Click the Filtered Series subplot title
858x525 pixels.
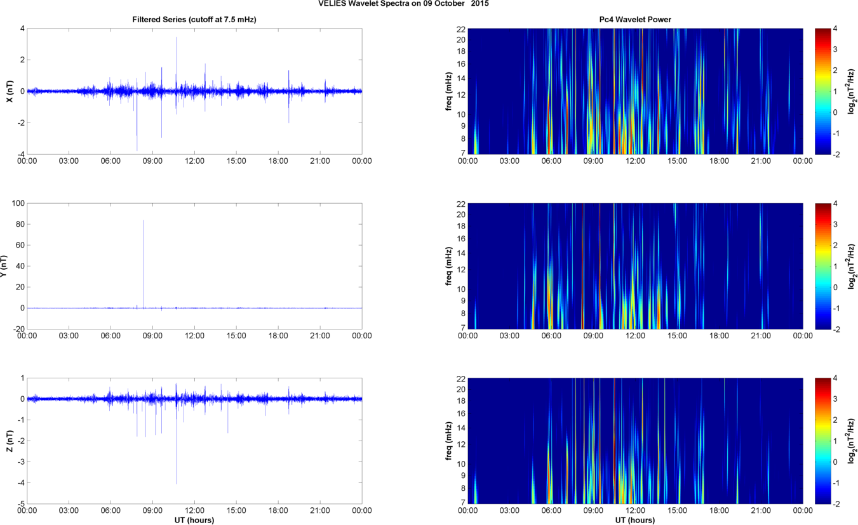[x=194, y=20]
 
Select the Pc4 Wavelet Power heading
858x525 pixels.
[x=635, y=20]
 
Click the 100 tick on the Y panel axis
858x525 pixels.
[x=18, y=203]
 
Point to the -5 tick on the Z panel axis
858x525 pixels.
[x=20, y=504]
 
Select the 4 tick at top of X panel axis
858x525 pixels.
[x=22, y=29]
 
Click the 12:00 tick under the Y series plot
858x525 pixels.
[x=194, y=336]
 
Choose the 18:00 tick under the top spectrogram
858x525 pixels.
[x=719, y=161]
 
